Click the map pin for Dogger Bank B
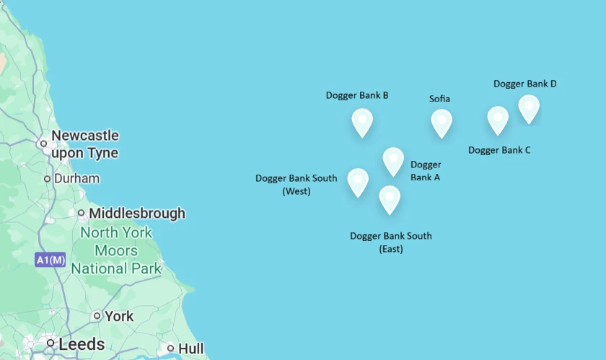tap(362, 121)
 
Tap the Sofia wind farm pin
tap(442, 122)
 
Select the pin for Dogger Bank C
tap(498, 119)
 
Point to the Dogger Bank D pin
tap(529, 107)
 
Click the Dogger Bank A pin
tap(393, 160)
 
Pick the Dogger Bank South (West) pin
tap(358, 181)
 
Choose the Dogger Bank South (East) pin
tap(390, 198)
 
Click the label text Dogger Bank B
tap(357, 95)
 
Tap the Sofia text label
tap(439, 98)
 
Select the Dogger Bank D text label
tap(524, 84)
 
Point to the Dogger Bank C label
tap(499, 150)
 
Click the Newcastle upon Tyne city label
tap(84, 144)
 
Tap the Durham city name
tap(76, 178)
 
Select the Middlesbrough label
tap(136, 214)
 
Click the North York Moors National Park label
tap(116, 251)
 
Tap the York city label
tap(119, 316)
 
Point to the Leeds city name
tap(82, 344)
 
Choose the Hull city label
tap(190, 348)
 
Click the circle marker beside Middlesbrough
tap(82, 213)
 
